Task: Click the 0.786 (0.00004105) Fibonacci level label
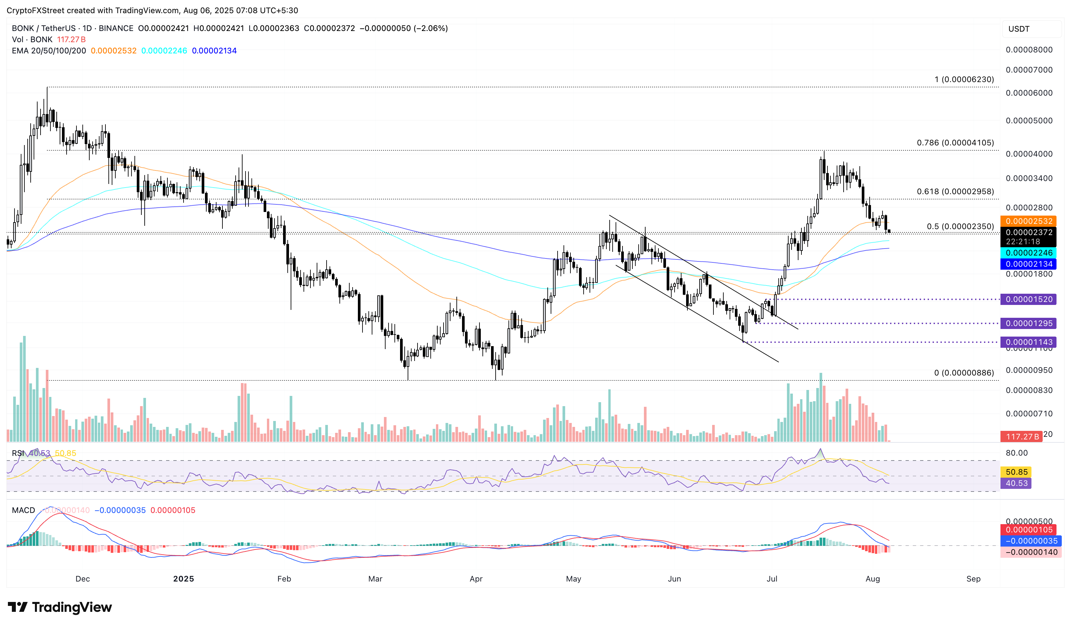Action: [955, 143]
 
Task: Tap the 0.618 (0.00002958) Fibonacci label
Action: [955, 192]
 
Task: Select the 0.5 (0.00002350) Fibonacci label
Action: [960, 226]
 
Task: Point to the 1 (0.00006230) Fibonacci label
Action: [964, 79]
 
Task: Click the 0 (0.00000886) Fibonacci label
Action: [964, 373]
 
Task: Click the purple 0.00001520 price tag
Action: [1029, 299]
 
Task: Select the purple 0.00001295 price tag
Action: [1029, 323]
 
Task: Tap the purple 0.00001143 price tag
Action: [1029, 342]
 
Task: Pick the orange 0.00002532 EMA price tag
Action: [1029, 221]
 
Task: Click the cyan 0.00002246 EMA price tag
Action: [1029, 253]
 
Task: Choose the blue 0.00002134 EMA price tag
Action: [1029, 264]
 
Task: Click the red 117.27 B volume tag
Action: [1022, 436]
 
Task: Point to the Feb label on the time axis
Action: [284, 579]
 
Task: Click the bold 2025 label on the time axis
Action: [184, 579]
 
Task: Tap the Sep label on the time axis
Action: [973, 579]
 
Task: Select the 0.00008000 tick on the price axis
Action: [1029, 50]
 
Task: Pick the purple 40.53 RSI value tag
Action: [1017, 483]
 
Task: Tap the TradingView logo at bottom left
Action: [60, 607]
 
